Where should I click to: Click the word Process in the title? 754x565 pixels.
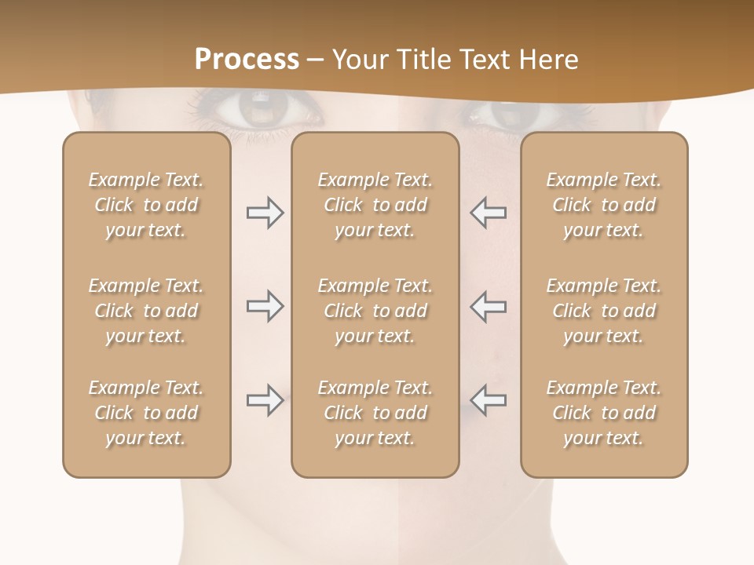pyautogui.click(x=247, y=59)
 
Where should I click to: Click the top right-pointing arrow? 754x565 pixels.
pyautogui.click(x=265, y=213)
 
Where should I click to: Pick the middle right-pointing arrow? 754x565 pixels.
pyautogui.click(x=265, y=307)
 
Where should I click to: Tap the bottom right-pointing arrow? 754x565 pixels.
pyautogui.click(x=265, y=400)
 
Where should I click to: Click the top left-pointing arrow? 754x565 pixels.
pyautogui.click(x=489, y=213)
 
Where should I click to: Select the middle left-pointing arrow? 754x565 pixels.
pyautogui.click(x=489, y=307)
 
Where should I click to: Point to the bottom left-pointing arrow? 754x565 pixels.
pyautogui.click(x=489, y=400)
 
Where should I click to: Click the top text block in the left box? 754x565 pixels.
pyautogui.click(x=146, y=205)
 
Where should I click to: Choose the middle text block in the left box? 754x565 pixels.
pyautogui.click(x=146, y=311)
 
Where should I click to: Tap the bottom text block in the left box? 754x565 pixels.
pyautogui.click(x=146, y=413)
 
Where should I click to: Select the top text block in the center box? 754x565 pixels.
pyautogui.click(x=375, y=205)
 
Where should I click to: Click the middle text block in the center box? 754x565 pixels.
pyautogui.click(x=375, y=311)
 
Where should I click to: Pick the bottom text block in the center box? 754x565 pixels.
pyautogui.click(x=375, y=413)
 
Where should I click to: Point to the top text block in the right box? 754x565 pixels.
pyautogui.click(x=604, y=205)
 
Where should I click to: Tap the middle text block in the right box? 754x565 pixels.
pyautogui.click(x=604, y=311)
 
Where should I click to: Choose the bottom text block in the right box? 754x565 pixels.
pyautogui.click(x=604, y=413)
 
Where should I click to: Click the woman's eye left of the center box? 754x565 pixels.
pyautogui.click(x=260, y=109)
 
